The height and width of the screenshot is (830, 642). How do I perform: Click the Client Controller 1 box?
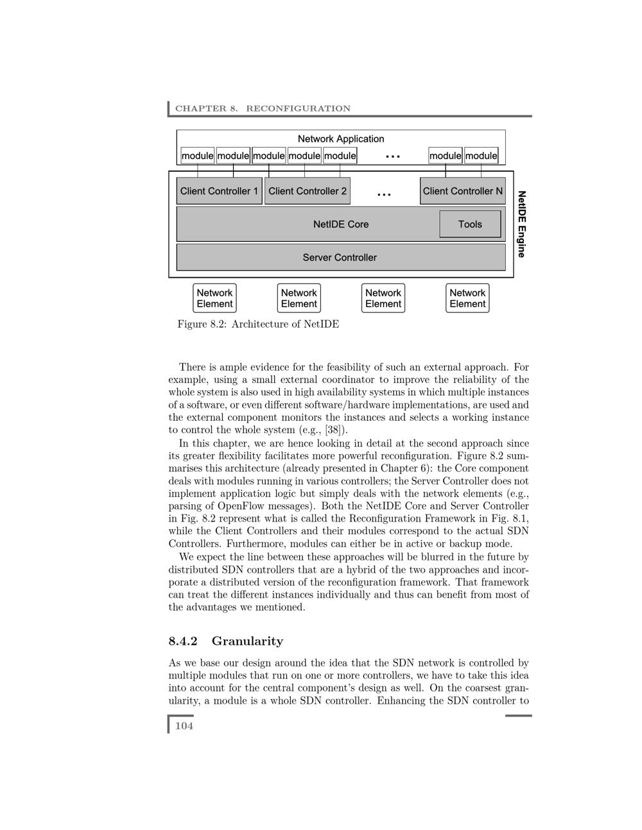pyautogui.click(x=219, y=191)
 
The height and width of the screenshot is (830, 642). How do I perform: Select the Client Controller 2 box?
pyautogui.click(x=308, y=191)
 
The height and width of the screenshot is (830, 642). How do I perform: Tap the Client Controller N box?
pyautogui.click(x=462, y=191)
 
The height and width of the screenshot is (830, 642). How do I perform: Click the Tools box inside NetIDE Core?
pyautogui.click(x=470, y=224)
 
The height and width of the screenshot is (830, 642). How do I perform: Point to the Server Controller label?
pyautogui.click(x=340, y=258)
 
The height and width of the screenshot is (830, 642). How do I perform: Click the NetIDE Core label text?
pyautogui.click(x=341, y=224)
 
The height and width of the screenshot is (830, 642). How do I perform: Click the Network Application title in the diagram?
pyautogui.click(x=341, y=139)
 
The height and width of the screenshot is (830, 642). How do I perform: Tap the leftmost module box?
pyautogui.click(x=197, y=156)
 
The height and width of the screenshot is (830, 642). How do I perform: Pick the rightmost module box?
pyautogui.click(x=481, y=156)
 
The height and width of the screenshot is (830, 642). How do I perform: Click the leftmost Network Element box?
pyautogui.click(x=214, y=298)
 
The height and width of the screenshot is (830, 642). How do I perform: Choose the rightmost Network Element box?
pyautogui.click(x=467, y=298)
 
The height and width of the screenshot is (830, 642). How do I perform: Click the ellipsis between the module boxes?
pyautogui.click(x=393, y=157)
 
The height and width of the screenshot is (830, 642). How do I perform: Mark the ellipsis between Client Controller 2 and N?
pyautogui.click(x=384, y=194)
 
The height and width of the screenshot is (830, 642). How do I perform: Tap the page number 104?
pyautogui.click(x=184, y=726)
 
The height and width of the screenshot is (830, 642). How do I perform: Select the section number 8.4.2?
pyautogui.click(x=183, y=641)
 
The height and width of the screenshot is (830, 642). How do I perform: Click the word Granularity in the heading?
pyautogui.click(x=247, y=641)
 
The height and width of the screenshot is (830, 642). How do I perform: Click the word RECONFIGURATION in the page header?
pyautogui.click(x=299, y=108)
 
